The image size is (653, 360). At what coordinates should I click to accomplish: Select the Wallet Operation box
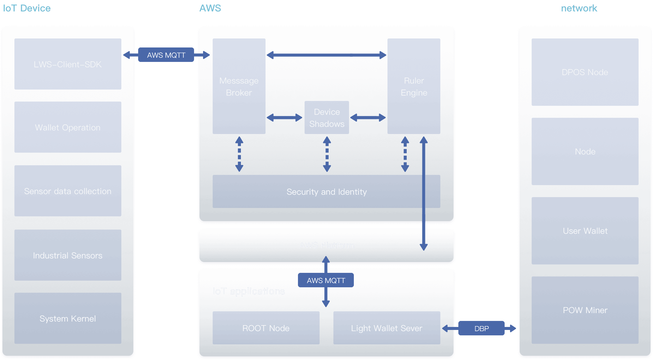68,127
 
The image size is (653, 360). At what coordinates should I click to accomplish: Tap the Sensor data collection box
68,191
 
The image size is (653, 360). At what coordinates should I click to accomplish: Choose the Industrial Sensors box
68,255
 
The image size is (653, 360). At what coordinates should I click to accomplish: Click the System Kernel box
68,318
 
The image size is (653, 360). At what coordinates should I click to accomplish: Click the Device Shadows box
326,117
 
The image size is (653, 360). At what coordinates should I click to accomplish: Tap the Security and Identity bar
326,191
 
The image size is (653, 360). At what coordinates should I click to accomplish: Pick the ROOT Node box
266,328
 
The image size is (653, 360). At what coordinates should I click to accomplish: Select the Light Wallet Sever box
387,328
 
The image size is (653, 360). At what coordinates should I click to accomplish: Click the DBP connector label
481,328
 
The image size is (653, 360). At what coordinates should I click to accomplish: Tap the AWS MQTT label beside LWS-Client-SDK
166,55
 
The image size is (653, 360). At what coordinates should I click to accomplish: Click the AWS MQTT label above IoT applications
326,280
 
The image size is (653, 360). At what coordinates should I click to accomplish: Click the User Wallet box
585,231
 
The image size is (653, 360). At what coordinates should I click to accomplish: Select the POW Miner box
585,310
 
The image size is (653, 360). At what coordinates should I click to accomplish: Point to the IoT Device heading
27,8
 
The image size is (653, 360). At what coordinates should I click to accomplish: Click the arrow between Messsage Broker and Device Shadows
284,117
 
